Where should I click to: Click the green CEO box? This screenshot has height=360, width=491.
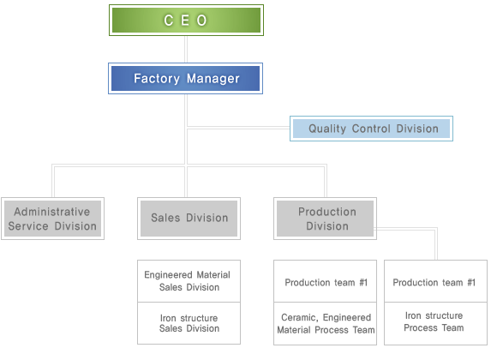pos(186,20)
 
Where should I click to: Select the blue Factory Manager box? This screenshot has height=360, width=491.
pos(185,78)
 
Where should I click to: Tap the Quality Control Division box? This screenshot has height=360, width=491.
pos(371,129)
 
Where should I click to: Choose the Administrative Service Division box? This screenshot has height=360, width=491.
pos(52,219)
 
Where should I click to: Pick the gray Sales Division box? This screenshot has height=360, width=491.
pos(189,219)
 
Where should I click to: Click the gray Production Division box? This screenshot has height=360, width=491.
pos(325,219)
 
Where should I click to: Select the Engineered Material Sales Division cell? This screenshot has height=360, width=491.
pos(189,281)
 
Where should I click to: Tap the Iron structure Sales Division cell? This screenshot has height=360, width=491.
pos(189,323)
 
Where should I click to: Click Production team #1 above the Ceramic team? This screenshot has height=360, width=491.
pos(325,281)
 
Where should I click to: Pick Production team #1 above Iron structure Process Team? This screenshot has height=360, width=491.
pos(435,281)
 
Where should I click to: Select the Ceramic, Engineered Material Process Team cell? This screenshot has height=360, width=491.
pos(325,323)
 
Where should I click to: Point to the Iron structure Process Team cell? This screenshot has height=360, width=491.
pos(435,323)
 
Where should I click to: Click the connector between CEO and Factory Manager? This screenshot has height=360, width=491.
pos(186,49)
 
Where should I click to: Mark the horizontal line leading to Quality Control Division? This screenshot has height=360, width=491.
pos(238,128)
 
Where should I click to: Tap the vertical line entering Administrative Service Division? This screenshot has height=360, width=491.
pos(53,181)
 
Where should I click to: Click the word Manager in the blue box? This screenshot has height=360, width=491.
pos(213,79)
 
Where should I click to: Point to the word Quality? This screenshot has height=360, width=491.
pos(327,129)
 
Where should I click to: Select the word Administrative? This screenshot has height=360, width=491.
pos(52,212)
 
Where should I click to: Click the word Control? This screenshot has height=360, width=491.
pos(371,129)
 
